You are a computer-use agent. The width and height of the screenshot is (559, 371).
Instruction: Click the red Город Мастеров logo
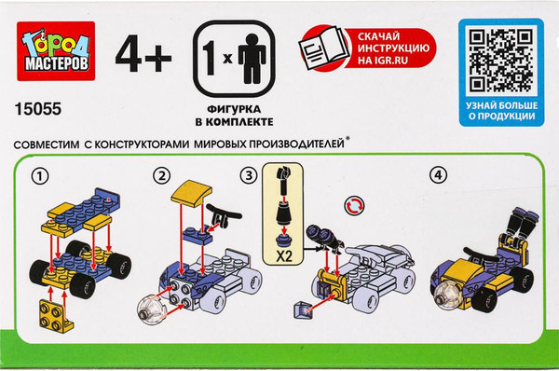56,51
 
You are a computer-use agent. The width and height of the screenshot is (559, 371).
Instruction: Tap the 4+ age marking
143,53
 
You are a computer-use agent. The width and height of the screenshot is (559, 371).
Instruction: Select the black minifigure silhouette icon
252,59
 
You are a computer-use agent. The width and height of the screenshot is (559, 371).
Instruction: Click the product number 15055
38,109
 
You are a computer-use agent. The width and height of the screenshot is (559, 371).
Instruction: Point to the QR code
501,61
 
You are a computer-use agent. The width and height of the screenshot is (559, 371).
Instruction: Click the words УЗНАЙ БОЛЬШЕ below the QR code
501,105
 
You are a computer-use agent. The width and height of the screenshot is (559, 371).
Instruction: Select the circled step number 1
40,176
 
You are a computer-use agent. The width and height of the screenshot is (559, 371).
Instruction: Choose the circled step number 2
161,175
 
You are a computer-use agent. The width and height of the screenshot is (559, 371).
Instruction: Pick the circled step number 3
249,175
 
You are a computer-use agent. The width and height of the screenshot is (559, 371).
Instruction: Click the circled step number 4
438,175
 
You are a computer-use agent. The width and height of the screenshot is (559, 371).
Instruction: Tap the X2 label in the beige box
284,255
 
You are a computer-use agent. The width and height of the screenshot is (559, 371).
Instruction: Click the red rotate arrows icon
355,205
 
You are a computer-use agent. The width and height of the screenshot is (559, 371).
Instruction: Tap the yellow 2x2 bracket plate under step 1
56,316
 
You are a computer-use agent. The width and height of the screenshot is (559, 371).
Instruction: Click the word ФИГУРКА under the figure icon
234,109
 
